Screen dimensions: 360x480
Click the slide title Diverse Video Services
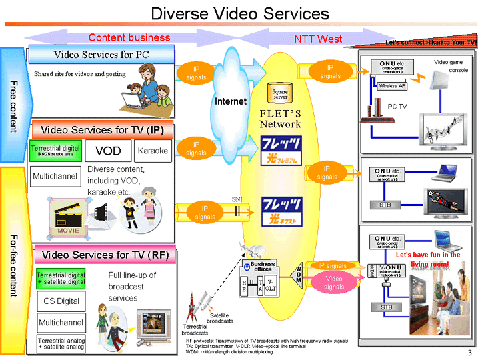[x=240, y=13]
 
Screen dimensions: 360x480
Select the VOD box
[x=107, y=151]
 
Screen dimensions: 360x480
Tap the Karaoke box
[x=153, y=151]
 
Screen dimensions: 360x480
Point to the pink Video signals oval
[x=333, y=283]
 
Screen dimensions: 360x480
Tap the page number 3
[x=469, y=352]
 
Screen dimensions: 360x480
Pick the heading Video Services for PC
[x=101, y=54]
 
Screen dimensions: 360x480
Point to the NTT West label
[x=318, y=39]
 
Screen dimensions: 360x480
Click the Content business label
[x=129, y=38]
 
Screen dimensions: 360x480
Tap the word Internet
[x=231, y=101]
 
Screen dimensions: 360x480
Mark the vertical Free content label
[x=13, y=107]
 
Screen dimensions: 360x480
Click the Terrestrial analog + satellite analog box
[x=61, y=343]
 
